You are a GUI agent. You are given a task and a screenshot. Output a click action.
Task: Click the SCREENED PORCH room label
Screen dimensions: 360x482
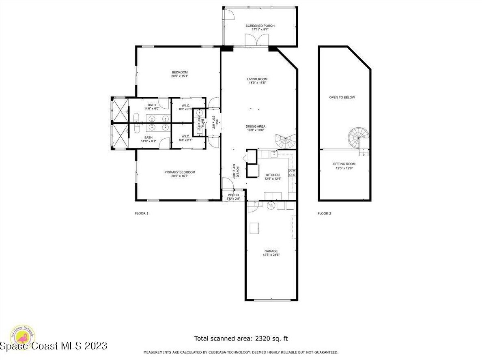point(260,26)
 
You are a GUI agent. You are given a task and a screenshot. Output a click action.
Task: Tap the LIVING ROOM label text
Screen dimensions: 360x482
point(257,79)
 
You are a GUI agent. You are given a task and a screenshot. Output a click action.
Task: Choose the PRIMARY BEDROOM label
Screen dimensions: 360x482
point(180,172)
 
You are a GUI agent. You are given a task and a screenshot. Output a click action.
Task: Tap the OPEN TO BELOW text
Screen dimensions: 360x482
point(342,97)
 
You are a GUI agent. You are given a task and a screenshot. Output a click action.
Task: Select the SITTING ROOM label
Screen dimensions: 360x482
point(344,164)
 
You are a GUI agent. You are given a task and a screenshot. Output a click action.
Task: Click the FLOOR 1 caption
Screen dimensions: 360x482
point(142,213)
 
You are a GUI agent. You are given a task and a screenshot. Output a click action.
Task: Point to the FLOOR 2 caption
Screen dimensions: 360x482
point(324,213)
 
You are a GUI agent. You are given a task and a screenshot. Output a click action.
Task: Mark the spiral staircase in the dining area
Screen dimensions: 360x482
point(286,141)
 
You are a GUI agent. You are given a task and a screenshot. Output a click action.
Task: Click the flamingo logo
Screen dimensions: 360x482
point(23,336)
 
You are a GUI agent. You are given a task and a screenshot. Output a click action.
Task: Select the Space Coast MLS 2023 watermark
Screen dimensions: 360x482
point(54,346)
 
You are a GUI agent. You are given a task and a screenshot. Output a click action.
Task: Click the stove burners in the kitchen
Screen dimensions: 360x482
point(292,173)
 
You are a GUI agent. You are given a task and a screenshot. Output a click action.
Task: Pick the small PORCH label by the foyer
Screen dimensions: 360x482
point(233,195)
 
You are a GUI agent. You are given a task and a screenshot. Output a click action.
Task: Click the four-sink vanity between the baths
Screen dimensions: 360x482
point(157,123)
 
